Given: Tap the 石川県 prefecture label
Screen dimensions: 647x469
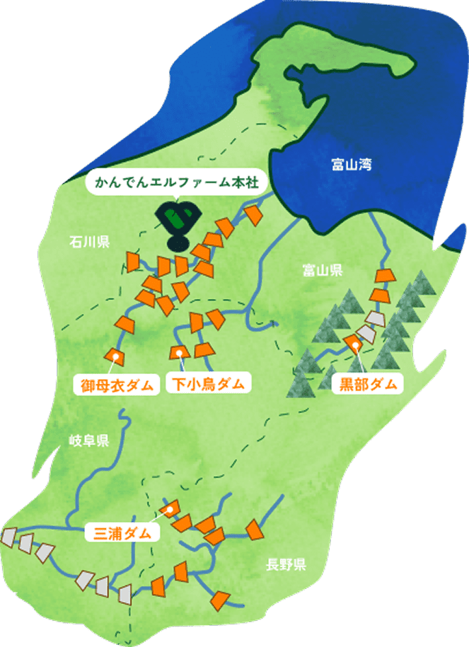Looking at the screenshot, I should click(89, 243).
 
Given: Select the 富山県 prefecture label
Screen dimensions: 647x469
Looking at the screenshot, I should click(322, 269).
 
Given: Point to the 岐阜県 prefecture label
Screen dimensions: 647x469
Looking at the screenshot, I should click(89, 442).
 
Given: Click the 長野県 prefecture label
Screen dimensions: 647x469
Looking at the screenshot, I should click(286, 564).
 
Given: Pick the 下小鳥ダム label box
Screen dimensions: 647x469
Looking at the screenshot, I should click(209, 385).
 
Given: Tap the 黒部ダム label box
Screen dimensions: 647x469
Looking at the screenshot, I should click(366, 385).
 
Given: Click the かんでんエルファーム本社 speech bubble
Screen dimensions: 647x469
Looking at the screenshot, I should click(173, 185).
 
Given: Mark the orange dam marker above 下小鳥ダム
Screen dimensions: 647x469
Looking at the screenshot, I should click(180, 352).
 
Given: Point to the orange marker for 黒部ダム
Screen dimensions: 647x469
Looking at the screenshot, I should click(353, 342).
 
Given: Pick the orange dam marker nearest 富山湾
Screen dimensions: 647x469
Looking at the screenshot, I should click(254, 216).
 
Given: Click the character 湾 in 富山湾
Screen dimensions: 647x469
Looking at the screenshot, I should click(365, 165).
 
